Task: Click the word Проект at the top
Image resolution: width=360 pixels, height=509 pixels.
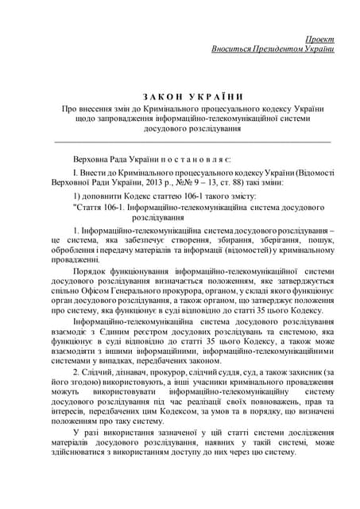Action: pyautogui.click(x=319, y=38)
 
